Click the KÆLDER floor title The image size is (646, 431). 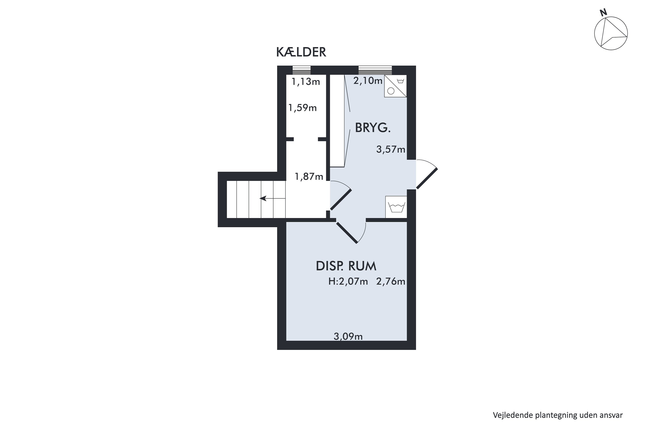pos(301,52)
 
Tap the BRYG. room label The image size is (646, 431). pos(373,128)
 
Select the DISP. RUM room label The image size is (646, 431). pos(346,266)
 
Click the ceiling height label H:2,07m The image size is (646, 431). pos(348,281)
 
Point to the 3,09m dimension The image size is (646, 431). pos(348,336)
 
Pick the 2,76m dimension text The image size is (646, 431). pos(391,281)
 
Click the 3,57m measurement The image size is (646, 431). pos(391,150)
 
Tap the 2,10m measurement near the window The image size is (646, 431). pos(368,81)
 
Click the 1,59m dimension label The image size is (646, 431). pos(302,108)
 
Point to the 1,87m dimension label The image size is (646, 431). pos(309,176)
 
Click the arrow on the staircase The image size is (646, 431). pos(264,198)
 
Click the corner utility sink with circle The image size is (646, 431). pos(395,86)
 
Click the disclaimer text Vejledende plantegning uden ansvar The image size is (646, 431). pos(557,415)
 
